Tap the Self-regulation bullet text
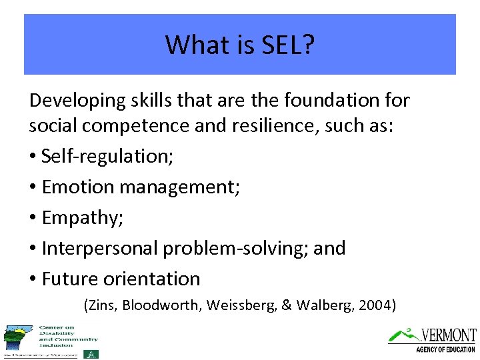pos(107,156)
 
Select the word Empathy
pos(77,218)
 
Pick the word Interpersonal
pos(101,248)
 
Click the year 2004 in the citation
pos(377,306)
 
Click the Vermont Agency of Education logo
pos(433,339)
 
